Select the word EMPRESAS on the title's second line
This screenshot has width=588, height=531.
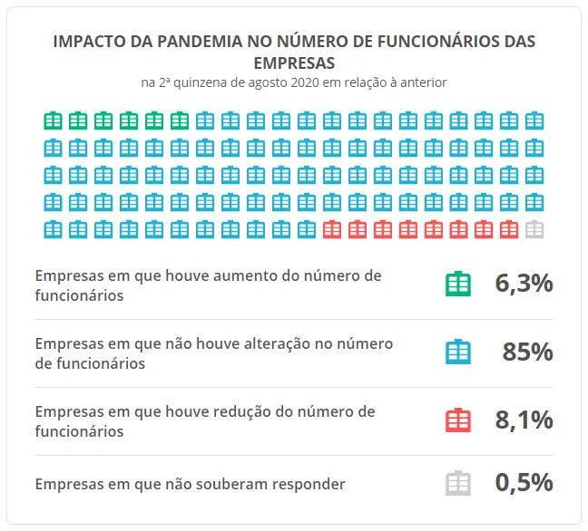coord(294,63)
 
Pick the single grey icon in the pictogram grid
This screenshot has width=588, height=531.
coord(534,229)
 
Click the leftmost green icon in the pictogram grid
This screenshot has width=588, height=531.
coord(53,121)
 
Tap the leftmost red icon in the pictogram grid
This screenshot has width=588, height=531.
coord(332,229)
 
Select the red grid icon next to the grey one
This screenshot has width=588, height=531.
coord(509,229)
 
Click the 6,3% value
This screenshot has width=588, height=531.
coord(524,284)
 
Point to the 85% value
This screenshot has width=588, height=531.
coord(527,352)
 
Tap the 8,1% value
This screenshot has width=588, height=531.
coord(524,420)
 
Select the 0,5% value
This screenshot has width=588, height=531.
coord(524,483)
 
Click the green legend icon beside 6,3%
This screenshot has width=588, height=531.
coord(458,284)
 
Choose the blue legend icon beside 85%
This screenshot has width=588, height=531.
coord(458,352)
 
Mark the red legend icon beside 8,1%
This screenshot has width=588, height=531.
coord(458,420)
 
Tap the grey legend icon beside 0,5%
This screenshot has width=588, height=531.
coord(458,483)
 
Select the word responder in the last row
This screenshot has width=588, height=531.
coord(304,484)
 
